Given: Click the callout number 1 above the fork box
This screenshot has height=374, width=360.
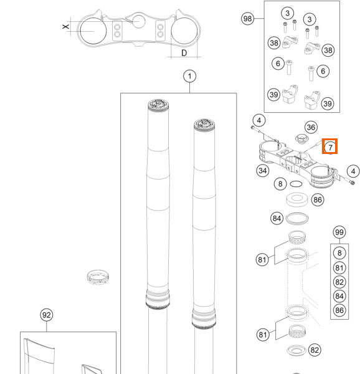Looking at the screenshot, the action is tap(189, 76).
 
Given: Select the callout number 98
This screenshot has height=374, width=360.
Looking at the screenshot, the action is tap(247, 19).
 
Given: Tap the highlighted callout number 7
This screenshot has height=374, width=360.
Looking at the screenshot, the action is tap(330, 147).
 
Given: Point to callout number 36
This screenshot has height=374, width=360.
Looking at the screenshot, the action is tap(311, 127).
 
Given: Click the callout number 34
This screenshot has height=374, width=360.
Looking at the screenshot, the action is tap(263, 171).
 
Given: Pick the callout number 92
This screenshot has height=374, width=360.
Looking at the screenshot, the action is tap(47, 315).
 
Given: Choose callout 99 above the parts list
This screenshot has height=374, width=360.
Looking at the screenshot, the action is tap(339, 232).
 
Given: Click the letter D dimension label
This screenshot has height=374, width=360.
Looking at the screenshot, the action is tap(184, 53).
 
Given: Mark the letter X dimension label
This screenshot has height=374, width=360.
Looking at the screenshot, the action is tap(66, 26).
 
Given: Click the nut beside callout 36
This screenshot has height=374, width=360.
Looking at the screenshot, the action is tap(301, 139).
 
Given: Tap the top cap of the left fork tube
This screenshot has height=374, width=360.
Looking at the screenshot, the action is tap(158, 105).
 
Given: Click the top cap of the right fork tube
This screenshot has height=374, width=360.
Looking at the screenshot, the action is tap(204, 125).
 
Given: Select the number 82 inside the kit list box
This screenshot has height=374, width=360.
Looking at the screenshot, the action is tap(339, 282).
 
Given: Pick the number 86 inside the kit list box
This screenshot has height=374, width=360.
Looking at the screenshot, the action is tap(339, 310).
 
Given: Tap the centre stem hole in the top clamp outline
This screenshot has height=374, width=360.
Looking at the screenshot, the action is tap(138, 21).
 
